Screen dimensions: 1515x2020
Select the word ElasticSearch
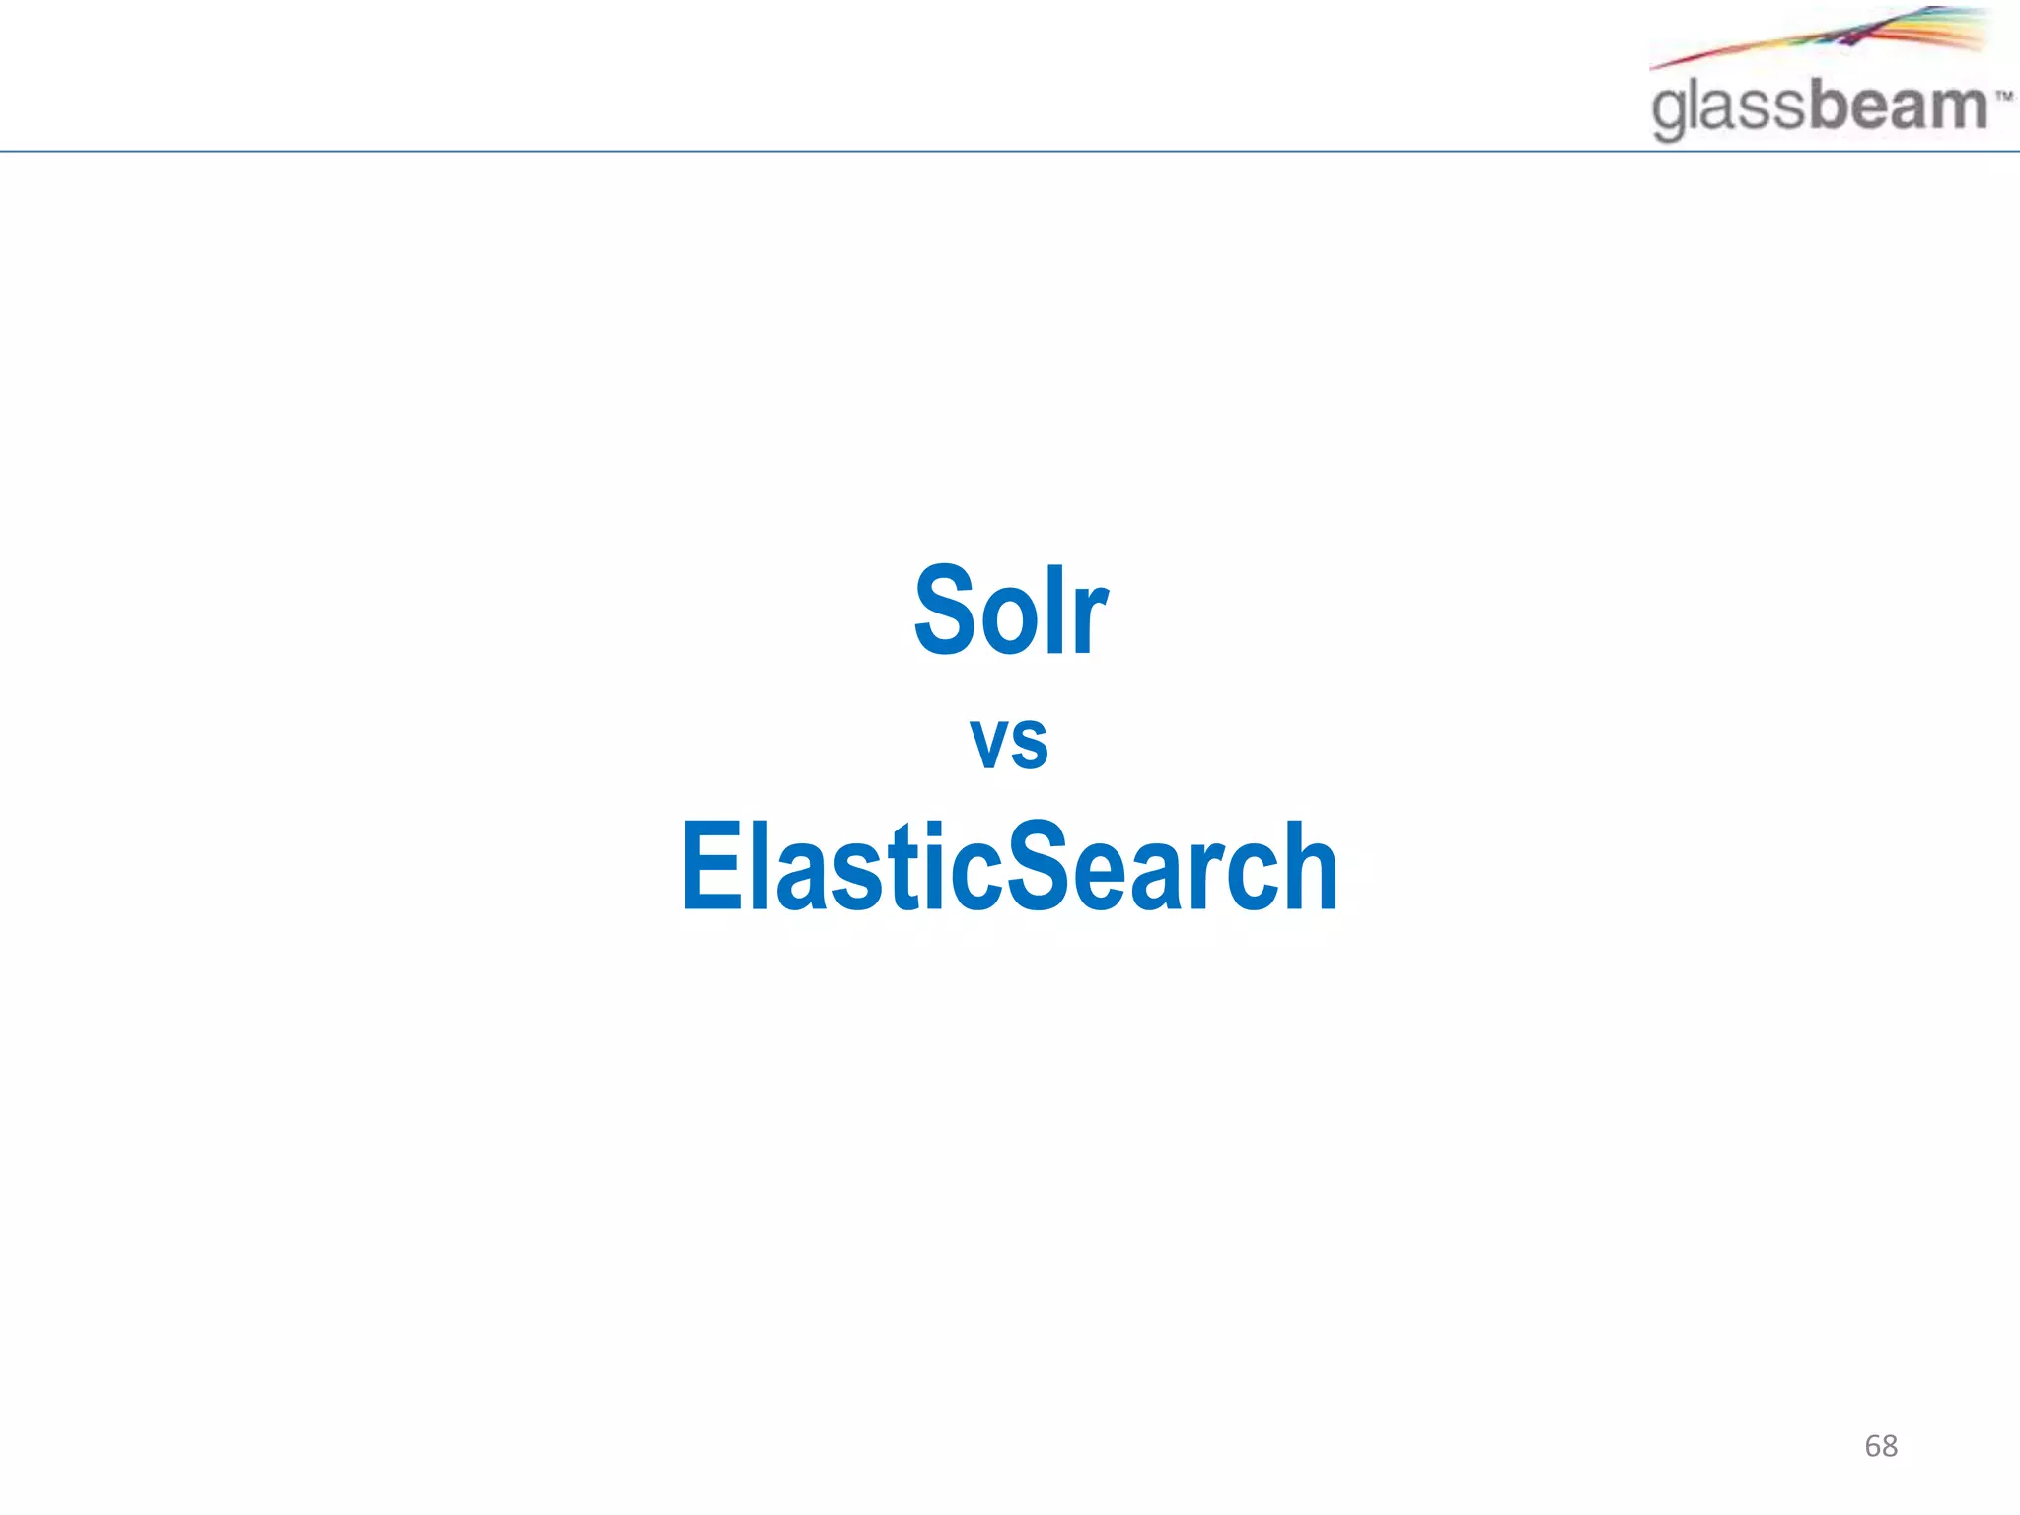pyautogui.click(x=1009, y=866)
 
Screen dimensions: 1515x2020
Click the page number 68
pyautogui.click(x=1881, y=1446)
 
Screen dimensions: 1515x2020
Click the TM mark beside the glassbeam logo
pyautogui.click(x=2002, y=97)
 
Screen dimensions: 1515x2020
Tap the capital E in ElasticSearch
pyautogui.click(x=710, y=866)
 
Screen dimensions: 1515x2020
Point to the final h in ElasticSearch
pyautogui.click(x=1307, y=866)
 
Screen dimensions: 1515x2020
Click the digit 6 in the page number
pyautogui.click(x=1873, y=1446)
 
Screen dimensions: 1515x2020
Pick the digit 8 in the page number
pyautogui.click(x=1890, y=1446)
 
